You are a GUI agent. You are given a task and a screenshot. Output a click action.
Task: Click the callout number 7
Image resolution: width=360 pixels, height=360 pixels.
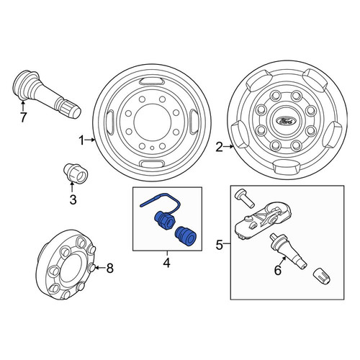pyautogui.click(x=23, y=117)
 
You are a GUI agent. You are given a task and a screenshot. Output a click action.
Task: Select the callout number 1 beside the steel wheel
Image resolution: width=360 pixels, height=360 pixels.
pyautogui.click(x=82, y=140)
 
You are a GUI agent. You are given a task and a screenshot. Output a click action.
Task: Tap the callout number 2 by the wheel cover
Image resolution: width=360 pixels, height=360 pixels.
pyautogui.click(x=220, y=147)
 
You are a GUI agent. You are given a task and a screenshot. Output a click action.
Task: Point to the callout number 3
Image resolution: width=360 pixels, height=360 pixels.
pyautogui.click(x=73, y=199)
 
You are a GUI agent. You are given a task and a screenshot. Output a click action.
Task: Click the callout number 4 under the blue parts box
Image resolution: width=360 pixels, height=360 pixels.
pyautogui.click(x=166, y=263)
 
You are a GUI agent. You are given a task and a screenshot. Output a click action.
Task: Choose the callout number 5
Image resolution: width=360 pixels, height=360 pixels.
pyautogui.click(x=220, y=245)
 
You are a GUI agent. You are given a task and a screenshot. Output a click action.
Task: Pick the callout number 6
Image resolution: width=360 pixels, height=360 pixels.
pyautogui.click(x=278, y=271)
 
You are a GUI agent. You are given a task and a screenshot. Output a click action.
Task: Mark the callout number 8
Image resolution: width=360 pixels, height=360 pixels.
pyautogui.click(x=109, y=268)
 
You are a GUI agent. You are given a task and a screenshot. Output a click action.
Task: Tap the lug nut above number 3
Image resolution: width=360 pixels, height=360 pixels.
pyautogui.click(x=76, y=173)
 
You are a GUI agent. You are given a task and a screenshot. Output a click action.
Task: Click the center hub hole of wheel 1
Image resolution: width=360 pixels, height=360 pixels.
pyautogui.click(x=153, y=122)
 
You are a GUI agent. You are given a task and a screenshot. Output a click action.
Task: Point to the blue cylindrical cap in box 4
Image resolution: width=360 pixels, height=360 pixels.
pyautogui.click(x=186, y=237)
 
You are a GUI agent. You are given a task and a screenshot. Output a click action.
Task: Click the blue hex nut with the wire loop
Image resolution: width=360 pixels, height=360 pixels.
pyautogui.click(x=163, y=220)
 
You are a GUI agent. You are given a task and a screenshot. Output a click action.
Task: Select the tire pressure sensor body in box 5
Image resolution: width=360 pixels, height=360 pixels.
pyautogui.click(x=263, y=220)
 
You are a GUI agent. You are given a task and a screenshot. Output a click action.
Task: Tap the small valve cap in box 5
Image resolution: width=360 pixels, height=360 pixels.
pyautogui.click(x=322, y=276)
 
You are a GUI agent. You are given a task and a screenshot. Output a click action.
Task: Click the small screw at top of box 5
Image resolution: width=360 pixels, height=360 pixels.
pyautogui.click(x=244, y=198)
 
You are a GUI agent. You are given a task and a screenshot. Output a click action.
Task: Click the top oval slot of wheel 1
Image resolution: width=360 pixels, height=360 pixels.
pyautogui.click(x=151, y=81)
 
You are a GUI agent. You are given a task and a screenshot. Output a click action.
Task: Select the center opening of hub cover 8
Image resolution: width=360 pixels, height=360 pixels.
pyautogui.click(x=70, y=267)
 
